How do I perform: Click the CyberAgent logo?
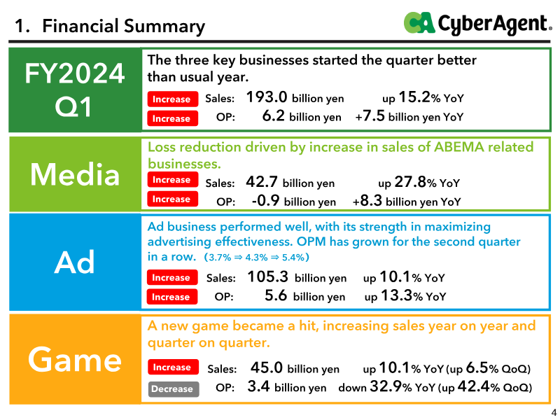click(x=477, y=23)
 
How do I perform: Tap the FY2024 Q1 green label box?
click(x=75, y=90)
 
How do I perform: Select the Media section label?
click(x=75, y=174)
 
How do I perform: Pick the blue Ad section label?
click(x=75, y=262)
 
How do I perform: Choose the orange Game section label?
click(x=75, y=359)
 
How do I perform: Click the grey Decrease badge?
click(x=174, y=388)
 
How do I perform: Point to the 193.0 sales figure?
click(x=267, y=97)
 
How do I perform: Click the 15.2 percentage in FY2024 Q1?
click(x=414, y=97)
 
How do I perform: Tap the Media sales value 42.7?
click(x=261, y=182)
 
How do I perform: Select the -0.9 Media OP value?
click(x=265, y=200)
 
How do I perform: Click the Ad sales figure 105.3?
click(x=268, y=276)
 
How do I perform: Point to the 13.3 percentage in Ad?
click(x=397, y=295)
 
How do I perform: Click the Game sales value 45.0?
click(x=267, y=367)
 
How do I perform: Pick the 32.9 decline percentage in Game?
click(x=386, y=386)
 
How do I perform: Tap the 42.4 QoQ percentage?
click(x=474, y=386)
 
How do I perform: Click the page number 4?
click(x=554, y=412)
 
